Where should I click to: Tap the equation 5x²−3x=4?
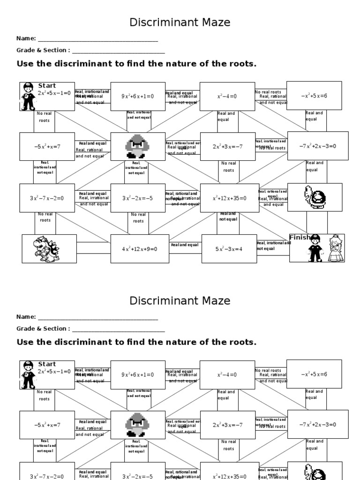click(229, 249)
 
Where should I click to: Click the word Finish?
click(300, 238)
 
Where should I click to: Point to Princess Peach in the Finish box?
click(335, 249)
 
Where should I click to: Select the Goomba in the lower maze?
click(137, 425)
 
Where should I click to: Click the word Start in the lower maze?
click(47, 364)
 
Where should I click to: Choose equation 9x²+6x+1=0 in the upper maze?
click(138, 97)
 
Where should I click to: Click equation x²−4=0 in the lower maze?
click(227, 375)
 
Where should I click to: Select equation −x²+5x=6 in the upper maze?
click(314, 96)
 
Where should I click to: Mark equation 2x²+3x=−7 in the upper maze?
click(227, 147)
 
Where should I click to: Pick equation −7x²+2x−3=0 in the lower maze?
click(317, 425)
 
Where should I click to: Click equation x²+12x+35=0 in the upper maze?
click(229, 198)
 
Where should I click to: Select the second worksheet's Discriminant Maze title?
click(180, 300)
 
